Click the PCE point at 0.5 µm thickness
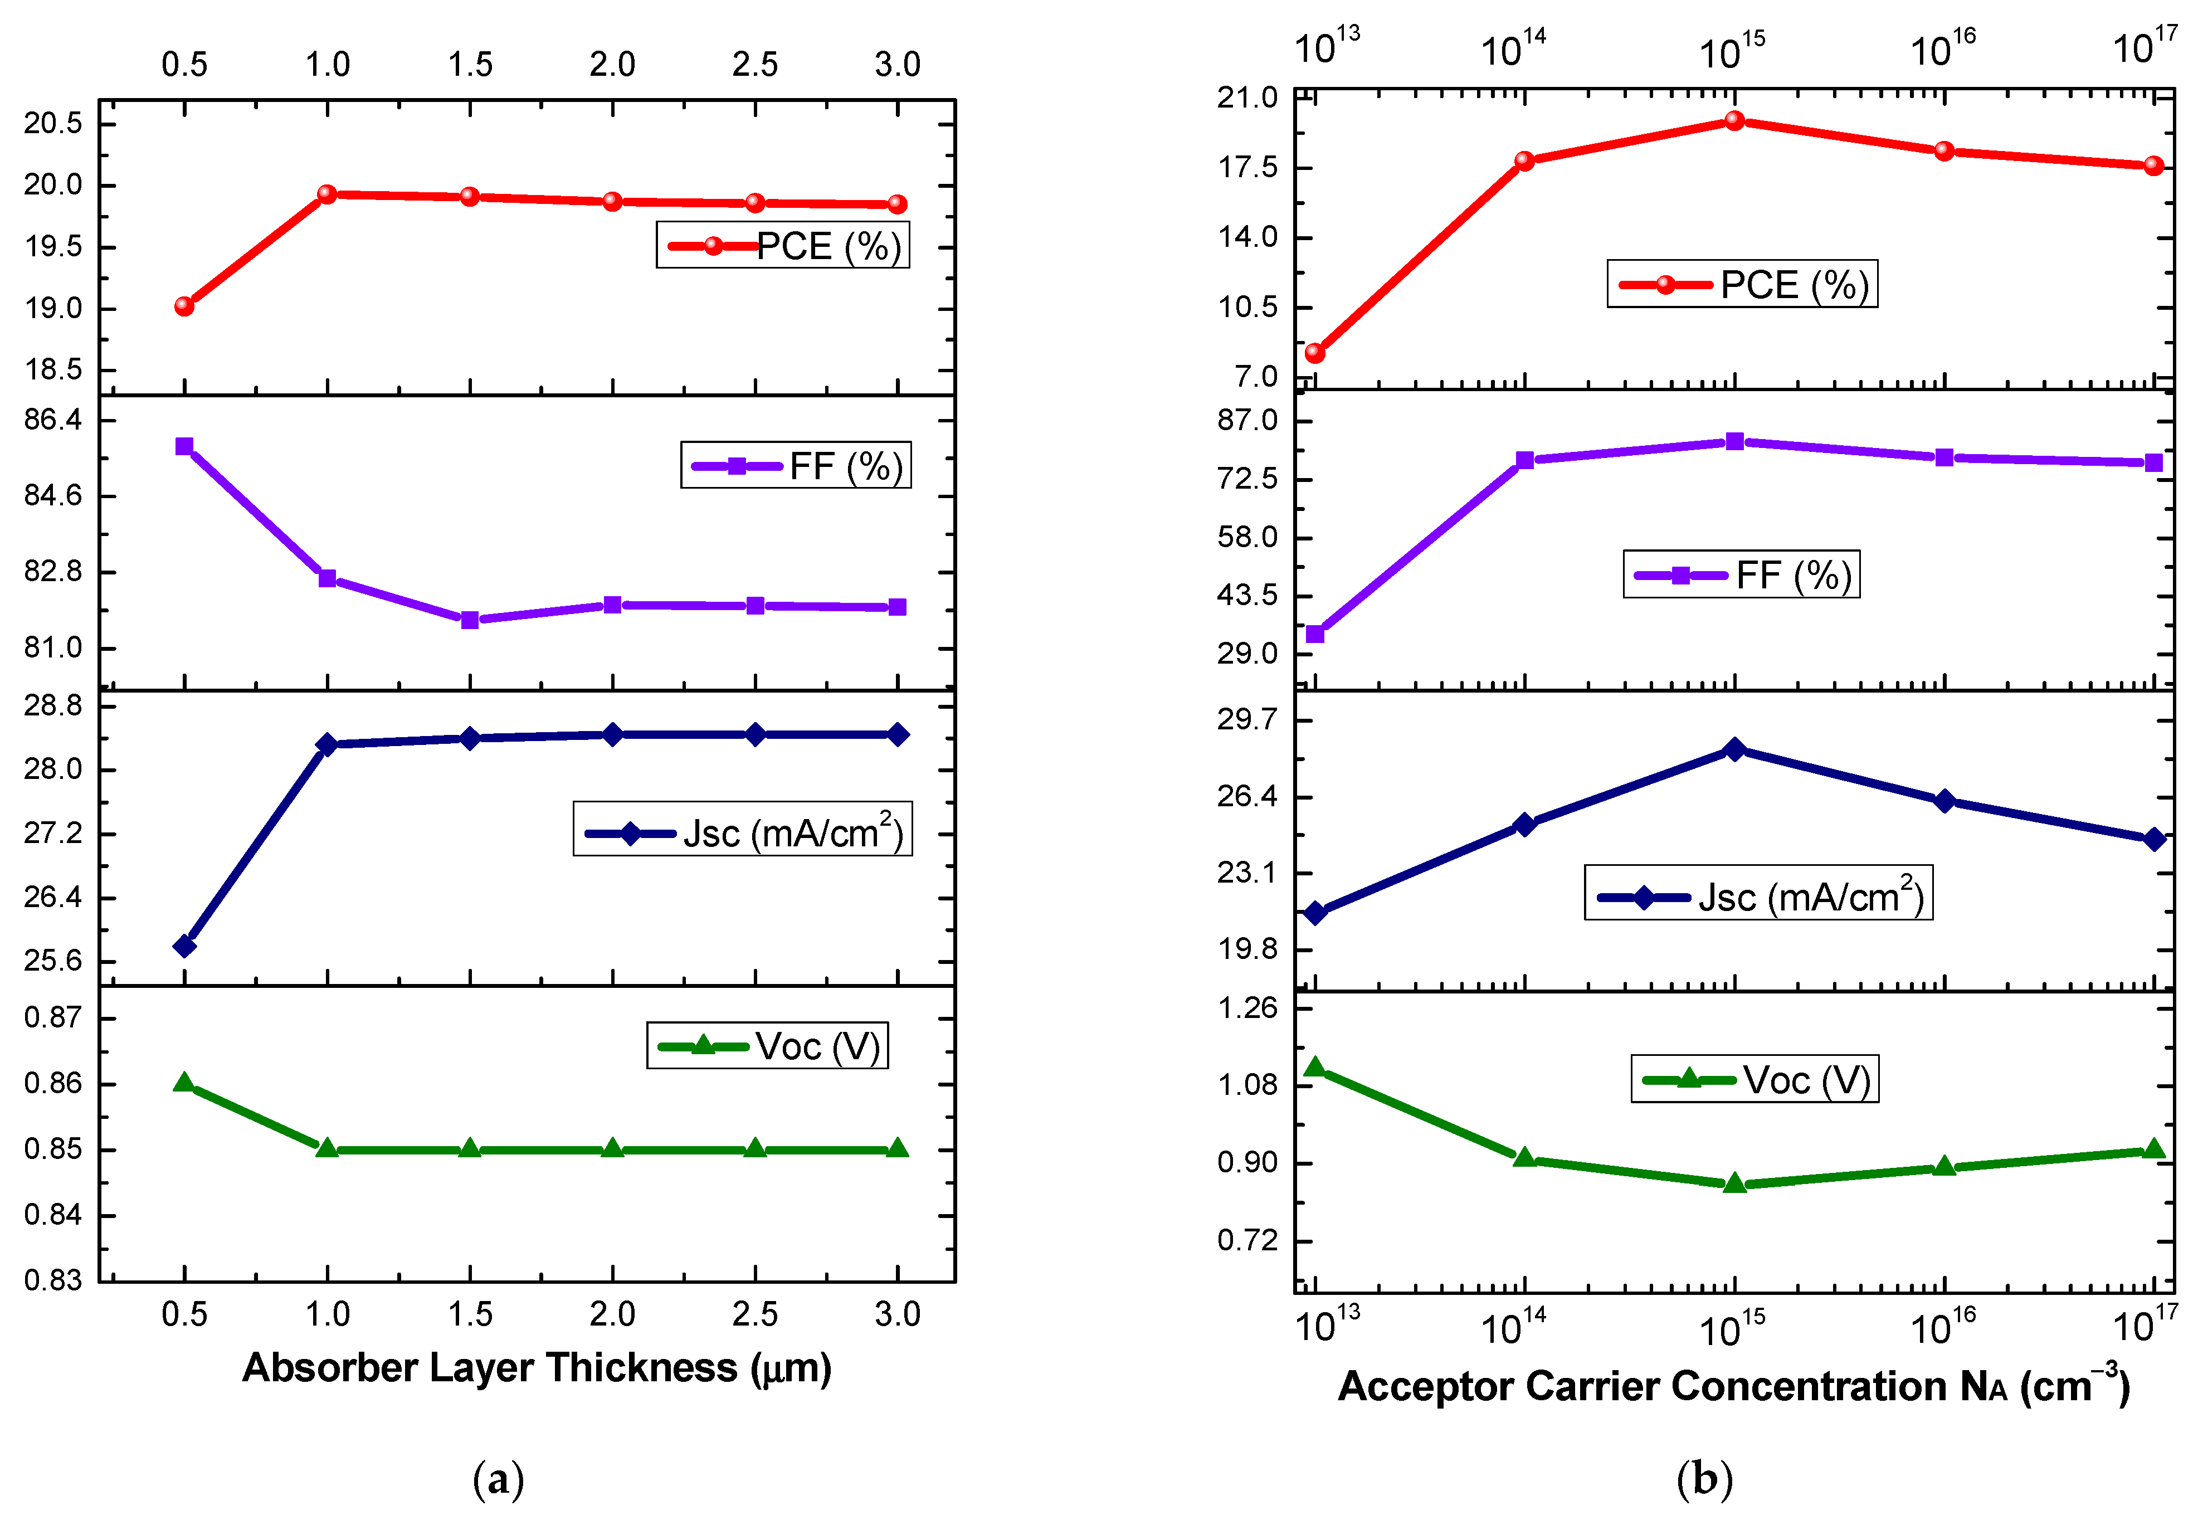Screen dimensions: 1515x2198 [184, 306]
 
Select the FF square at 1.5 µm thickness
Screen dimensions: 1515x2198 [470, 620]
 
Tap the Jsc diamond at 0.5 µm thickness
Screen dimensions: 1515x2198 [184, 946]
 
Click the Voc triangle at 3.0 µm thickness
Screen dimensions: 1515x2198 [898, 1148]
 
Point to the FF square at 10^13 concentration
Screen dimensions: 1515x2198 [1314, 634]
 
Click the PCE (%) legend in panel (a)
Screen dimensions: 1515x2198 [782, 246]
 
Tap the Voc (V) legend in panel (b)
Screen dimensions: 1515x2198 [1755, 1079]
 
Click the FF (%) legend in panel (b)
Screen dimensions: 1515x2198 [1742, 574]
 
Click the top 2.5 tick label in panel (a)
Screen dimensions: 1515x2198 [754, 65]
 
